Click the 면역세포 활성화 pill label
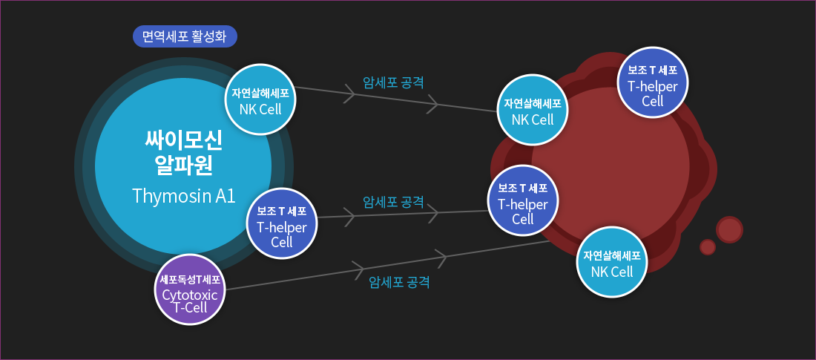coord(185,36)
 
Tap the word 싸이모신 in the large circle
coord(183,139)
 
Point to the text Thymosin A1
coord(184,196)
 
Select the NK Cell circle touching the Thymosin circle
coord(260,99)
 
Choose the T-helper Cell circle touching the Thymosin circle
coord(282,224)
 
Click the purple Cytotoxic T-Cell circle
coord(190,289)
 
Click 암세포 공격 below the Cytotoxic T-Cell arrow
coord(399,282)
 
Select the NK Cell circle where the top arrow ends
coord(533,110)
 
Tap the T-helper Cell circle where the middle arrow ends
coord(523,200)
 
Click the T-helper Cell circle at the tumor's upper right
coord(653,82)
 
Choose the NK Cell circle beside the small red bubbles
coord(612,262)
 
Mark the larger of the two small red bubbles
coord(730,230)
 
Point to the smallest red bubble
coord(708,247)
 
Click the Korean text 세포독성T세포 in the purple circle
coord(190,279)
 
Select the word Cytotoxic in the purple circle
coord(190,295)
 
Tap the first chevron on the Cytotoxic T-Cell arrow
coord(358,269)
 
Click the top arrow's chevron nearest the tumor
coord(433,104)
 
